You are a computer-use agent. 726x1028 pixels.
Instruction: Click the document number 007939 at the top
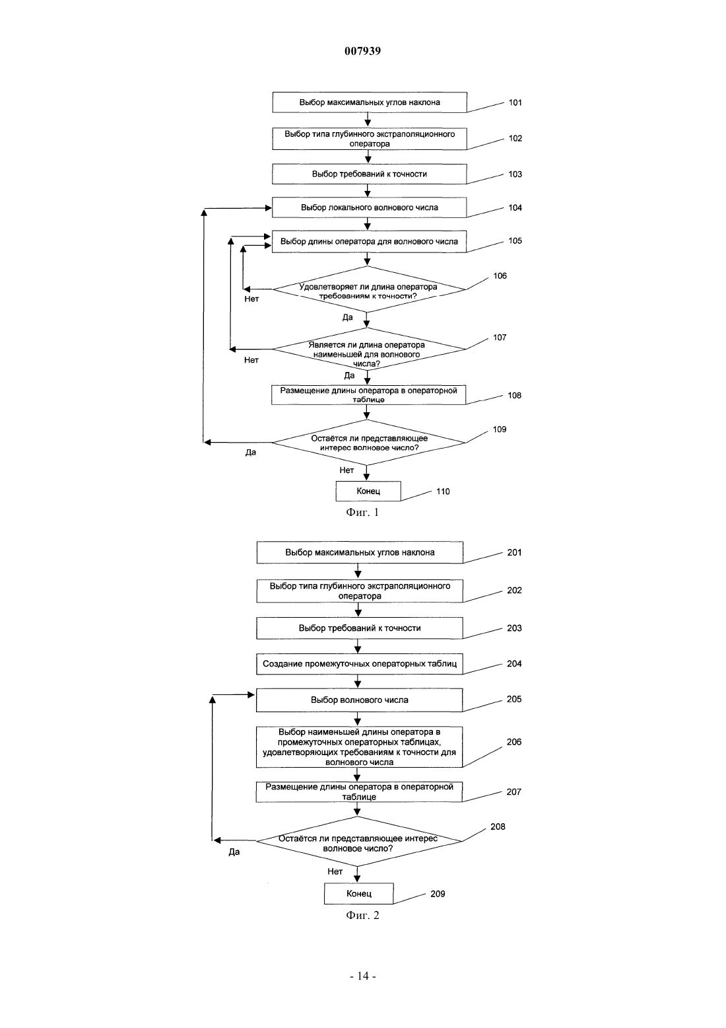[362, 51]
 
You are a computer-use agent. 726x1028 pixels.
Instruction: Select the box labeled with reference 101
[370, 102]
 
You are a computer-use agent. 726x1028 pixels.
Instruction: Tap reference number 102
[515, 138]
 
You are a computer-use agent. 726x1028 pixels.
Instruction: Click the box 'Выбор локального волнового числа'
[369, 207]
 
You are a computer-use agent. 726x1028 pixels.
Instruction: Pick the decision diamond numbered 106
[369, 289]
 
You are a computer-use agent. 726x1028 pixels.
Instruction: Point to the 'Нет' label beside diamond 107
[251, 360]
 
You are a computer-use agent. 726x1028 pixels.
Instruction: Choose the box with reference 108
[368, 395]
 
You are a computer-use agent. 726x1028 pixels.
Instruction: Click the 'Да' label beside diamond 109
[251, 453]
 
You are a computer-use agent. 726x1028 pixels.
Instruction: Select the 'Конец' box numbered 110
[368, 491]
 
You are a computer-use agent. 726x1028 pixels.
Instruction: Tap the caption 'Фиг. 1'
[362, 512]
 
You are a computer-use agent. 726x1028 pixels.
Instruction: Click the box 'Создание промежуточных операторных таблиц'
[359, 664]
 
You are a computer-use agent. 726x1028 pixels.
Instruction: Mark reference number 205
[514, 699]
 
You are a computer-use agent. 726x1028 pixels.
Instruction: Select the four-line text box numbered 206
[359, 747]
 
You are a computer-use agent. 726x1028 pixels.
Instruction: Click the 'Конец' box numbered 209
[359, 893]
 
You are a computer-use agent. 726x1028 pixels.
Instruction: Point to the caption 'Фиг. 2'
[362, 915]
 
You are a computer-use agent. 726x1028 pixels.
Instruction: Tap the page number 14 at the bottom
[363, 976]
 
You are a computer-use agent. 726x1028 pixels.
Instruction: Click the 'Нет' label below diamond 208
[335, 871]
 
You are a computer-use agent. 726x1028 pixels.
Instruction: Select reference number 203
[514, 628]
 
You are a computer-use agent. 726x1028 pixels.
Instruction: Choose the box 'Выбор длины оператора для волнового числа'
[369, 241]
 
